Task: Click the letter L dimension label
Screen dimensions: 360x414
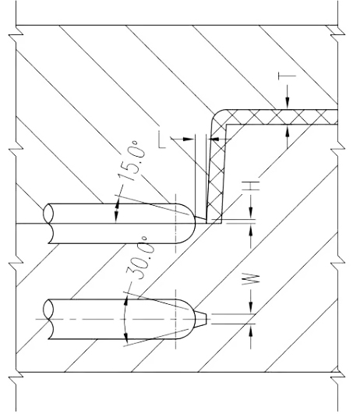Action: click(x=162, y=140)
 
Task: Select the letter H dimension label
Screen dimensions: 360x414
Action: click(x=251, y=186)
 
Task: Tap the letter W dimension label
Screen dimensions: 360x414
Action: click(x=251, y=279)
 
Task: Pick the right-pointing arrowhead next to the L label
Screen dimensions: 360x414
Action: click(x=189, y=139)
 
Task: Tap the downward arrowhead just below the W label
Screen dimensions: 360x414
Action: click(x=251, y=308)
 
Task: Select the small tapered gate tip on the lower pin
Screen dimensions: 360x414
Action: click(x=201, y=319)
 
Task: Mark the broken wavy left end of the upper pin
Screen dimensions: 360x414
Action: click(x=49, y=223)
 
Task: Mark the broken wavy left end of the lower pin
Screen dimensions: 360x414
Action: click(x=49, y=319)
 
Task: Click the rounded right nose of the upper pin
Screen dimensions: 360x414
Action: click(x=189, y=223)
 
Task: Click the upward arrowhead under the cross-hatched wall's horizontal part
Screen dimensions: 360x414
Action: click(x=288, y=131)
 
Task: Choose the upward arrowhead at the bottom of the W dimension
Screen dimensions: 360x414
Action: click(x=251, y=329)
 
